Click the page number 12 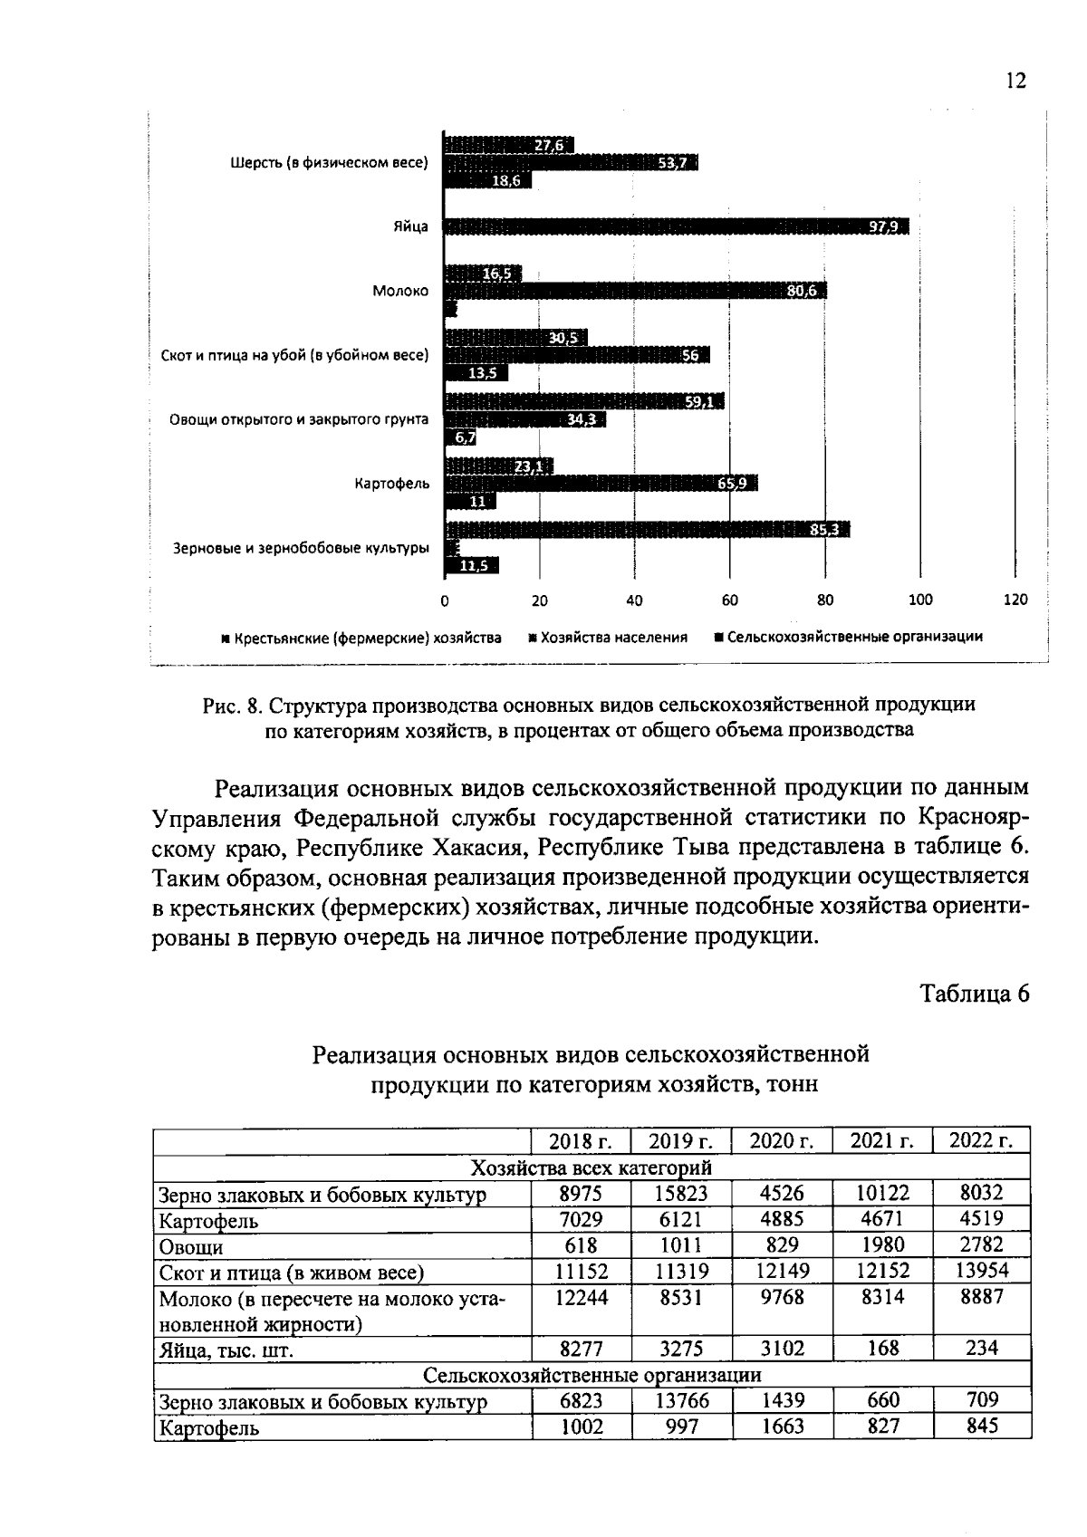pos(1015,82)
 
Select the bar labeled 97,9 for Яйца pos(676,226)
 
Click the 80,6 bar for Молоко pos(635,291)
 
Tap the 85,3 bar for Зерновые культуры pos(647,529)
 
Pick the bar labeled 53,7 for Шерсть pos(571,162)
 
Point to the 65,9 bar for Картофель pos(600,484)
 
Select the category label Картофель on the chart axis pos(391,485)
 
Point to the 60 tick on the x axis pos(729,600)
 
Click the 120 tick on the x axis pos(1015,600)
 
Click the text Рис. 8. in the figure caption pos(232,705)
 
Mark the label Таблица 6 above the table pos(975,994)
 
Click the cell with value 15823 pos(681,1193)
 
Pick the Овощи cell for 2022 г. pos(981,1245)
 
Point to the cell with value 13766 pos(681,1401)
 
